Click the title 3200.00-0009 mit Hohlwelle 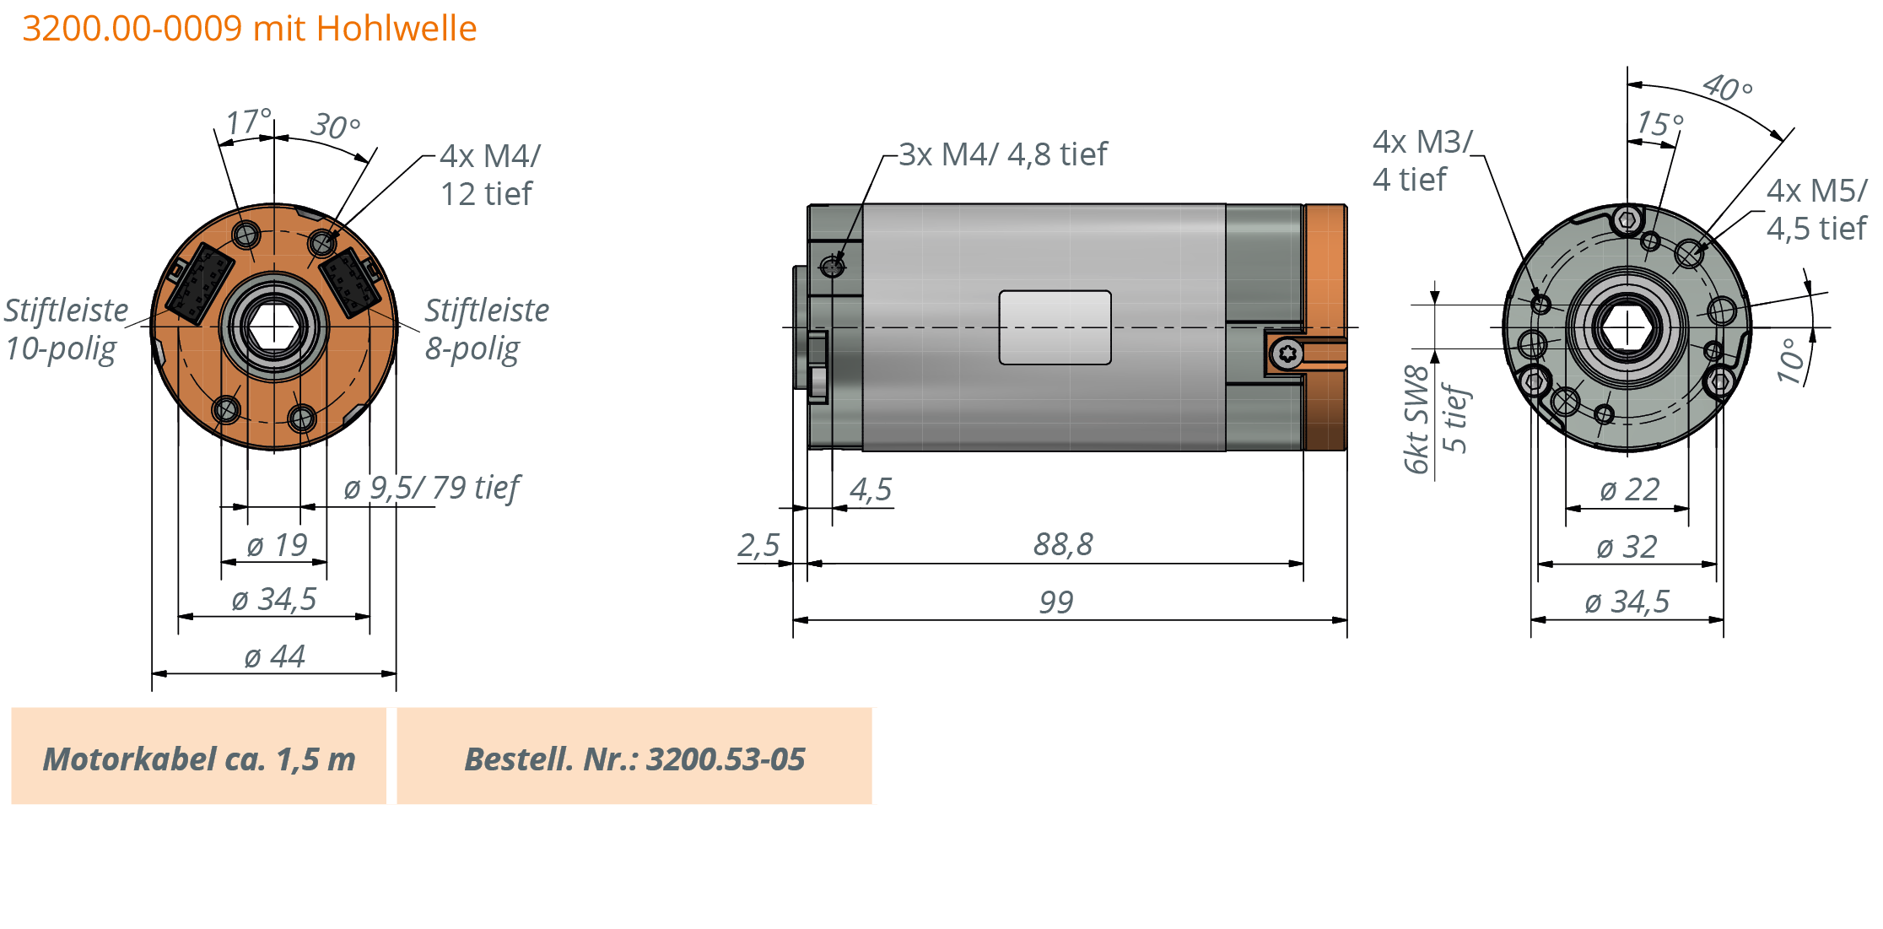(249, 29)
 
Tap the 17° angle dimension (247, 122)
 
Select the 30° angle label (335, 127)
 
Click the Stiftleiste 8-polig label (486, 329)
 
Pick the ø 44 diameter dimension (274, 656)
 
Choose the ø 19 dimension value (276, 545)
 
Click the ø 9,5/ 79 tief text (431, 488)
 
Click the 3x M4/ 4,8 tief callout (1002, 154)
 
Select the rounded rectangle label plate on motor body (1055, 327)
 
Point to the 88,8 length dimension (1063, 544)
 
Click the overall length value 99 (1056, 602)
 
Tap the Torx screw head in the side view (1287, 353)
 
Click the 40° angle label (1727, 88)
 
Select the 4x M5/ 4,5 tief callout (1816, 209)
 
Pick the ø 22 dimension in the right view (1629, 489)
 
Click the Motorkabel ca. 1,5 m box (199, 757)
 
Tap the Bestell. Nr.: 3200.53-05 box (634, 757)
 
